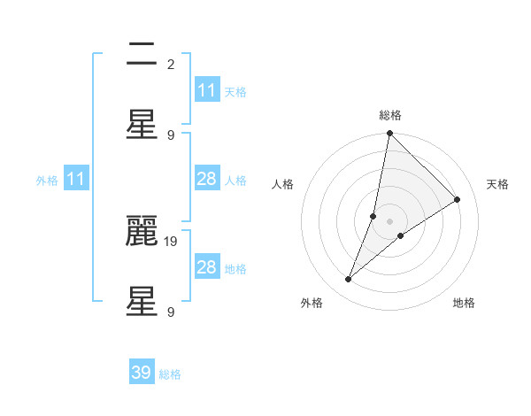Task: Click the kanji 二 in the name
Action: coord(142,56)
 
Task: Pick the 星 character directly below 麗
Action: coord(142,303)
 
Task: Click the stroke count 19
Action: coord(173,240)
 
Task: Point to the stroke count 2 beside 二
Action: coord(171,64)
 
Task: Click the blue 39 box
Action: coord(142,373)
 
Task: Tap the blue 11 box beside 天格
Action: coord(207,90)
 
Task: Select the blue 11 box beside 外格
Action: coord(76,179)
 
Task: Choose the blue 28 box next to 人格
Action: coord(207,179)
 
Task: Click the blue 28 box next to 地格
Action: coord(207,267)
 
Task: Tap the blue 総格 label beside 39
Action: coord(170,374)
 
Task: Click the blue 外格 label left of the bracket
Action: coord(47,181)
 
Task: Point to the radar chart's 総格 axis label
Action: coord(389,116)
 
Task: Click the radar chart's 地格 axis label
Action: coord(464,303)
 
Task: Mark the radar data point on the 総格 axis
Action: coord(389,134)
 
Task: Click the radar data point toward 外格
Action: coord(349,280)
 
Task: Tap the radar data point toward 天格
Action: coord(458,200)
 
